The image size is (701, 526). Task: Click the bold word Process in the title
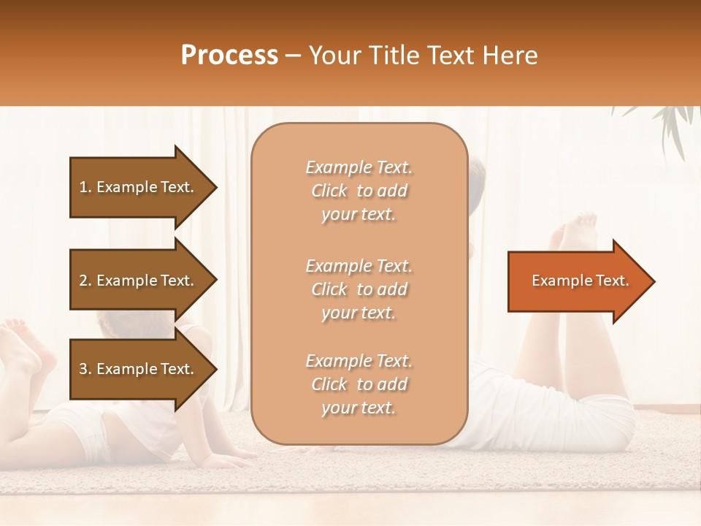pos(229,56)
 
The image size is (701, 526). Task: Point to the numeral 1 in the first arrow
pos(83,187)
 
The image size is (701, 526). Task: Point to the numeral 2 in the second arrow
pos(83,281)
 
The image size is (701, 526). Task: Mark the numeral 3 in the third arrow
pos(83,369)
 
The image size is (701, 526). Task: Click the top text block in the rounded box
pos(359,191)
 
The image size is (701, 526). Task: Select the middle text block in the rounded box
pos(359,289)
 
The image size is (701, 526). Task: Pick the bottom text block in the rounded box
pos(359,384)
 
